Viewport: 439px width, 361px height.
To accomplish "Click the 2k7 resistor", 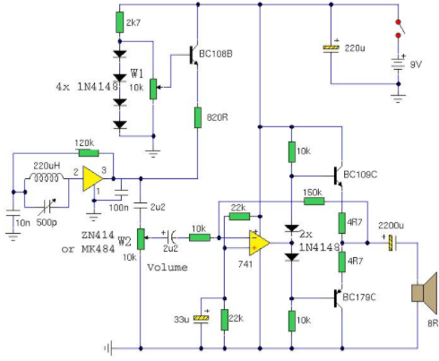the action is pos(119,22).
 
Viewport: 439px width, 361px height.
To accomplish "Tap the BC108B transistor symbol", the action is pos(194,56).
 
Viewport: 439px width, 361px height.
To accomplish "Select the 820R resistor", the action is pos(198,117).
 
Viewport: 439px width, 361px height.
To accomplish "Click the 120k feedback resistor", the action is pos(89,153).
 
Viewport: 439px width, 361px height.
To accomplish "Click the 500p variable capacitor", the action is pos(47,207).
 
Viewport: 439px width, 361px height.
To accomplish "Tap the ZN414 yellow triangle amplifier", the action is pos(93,178).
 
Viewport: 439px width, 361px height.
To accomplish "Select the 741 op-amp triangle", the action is pos(260,243).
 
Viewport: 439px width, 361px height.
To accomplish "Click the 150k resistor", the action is pos(314,202).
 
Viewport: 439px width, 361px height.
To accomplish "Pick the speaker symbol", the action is pos(424,293).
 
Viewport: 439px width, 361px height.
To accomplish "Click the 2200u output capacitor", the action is pos(392,243).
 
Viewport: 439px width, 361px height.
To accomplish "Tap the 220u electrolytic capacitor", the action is pos(331,48).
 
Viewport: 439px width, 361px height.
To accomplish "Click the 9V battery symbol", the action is pos(398,64).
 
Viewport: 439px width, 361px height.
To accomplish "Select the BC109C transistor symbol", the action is pos(338,176).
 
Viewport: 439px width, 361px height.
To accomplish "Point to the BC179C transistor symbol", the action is pos(338,298).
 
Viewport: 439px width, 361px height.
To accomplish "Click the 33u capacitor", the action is pos(201,318).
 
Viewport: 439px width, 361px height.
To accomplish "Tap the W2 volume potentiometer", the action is pos(141,239).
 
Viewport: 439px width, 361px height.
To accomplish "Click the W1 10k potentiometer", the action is pos(153,89).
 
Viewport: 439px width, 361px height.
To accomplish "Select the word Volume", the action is pos(168,267).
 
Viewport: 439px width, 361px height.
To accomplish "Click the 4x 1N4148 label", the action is pos(87,87).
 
